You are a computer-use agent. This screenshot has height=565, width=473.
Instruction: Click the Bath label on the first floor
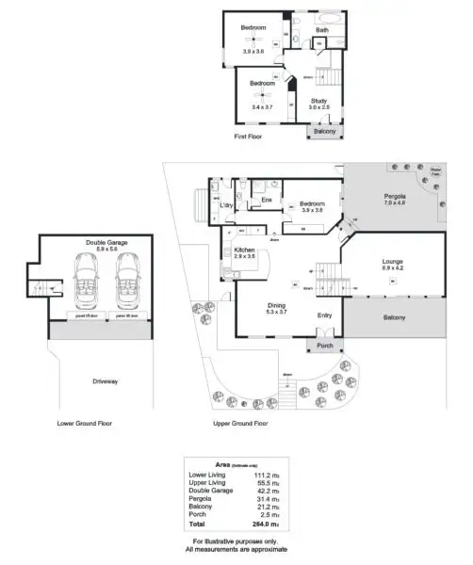(322, 30)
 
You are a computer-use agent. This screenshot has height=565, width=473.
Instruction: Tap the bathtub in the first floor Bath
(330, 18)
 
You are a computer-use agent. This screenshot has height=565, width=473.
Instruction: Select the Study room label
(319, 101)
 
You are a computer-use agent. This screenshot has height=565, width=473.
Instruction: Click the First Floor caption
(250, 137)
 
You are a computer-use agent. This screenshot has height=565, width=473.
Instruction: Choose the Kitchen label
(245, 250)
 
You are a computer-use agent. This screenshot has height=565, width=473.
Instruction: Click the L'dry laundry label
(227, 204)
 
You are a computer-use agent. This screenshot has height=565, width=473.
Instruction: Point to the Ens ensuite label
(267, 200)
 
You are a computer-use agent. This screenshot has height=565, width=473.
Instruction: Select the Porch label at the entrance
(325, 345)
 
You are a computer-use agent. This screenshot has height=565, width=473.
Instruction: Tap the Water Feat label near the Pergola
(436, 173)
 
